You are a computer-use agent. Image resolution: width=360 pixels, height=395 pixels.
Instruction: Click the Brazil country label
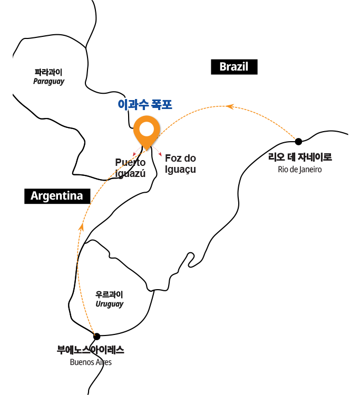(x=233, y=67)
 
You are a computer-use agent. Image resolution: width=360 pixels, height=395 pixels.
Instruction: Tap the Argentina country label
(x=57, y=196)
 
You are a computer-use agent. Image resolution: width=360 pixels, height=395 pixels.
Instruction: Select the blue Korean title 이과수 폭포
(x=145, y=104)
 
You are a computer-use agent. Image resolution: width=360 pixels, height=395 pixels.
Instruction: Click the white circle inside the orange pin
(x=147, y=129)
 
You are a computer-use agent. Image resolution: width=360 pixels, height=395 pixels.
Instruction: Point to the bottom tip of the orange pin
(x=147, y=151)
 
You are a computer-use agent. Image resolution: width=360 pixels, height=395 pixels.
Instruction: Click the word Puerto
(x=130, y=163)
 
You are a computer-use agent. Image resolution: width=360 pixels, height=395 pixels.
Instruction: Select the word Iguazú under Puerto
(x=130, y=173)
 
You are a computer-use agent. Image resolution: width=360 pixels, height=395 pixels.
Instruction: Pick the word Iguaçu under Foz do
(x=181, y=170)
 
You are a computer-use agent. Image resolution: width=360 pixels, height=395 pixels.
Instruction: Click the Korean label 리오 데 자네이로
(x=300, y=157)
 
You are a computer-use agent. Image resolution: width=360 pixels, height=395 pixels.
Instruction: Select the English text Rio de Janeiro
(x=300, y=170)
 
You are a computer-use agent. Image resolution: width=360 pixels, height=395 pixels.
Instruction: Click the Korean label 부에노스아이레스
(x=91, y=350)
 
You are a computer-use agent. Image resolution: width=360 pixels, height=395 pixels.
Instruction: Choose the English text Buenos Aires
(x=91, y=362)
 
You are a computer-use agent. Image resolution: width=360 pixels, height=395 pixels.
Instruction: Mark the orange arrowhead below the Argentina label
(x=81, y=228)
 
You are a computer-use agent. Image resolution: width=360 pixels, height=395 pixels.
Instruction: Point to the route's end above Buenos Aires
(x=94, y=334)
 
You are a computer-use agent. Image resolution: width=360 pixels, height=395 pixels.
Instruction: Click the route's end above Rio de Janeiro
(x=295, y=140)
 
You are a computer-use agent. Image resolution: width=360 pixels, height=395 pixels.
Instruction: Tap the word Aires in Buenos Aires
(x=103, y=362)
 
